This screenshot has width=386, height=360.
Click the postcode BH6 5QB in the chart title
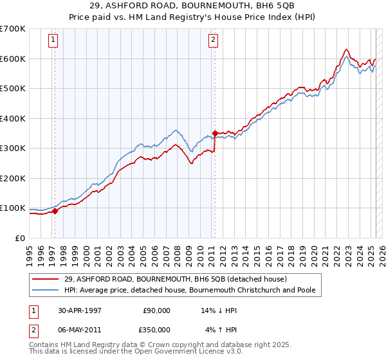coord(272,6)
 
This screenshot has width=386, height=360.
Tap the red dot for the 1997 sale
coord(55,210)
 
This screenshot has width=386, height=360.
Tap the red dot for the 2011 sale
coord(214,133)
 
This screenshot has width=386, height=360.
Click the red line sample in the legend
coord(46,279)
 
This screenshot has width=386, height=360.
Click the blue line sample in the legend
coord(46,290)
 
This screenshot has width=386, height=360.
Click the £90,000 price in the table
coord(156,310)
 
